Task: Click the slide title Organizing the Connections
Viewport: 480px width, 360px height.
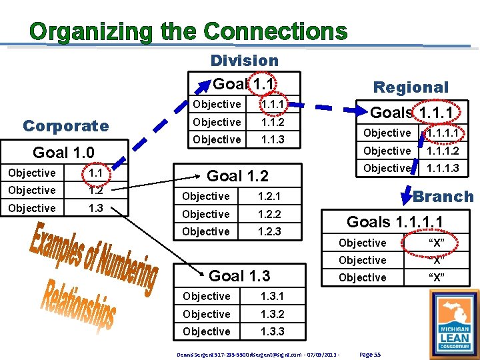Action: [x=189, y=31]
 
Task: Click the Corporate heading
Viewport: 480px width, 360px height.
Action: [x=65, y=126]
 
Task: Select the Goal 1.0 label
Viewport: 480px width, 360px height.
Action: [x=63, y=152]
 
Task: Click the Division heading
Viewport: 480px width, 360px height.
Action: [x=244, y=60]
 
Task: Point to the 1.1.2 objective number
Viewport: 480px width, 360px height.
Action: [x=273, y=122]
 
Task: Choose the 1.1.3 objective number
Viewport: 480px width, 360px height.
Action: [x=273, y=139]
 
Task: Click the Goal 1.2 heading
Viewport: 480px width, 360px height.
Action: [x=238, y=176]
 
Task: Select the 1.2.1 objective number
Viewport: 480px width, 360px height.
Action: [x=269, y=196]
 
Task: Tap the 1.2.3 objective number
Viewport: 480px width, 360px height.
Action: [x=269, y=231]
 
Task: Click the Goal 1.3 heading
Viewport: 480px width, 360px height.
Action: [x=240, y=275]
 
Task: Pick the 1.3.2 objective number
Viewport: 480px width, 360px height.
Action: [x=273, y=314]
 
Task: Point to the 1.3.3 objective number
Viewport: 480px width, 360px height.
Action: [x=273, y=331]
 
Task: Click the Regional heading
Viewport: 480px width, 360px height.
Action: [x=411, y=87]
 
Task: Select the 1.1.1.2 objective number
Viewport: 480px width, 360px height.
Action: [x=443, y=151]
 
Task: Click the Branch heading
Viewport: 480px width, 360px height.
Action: [x=443, y=197]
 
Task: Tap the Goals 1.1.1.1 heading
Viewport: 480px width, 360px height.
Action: [x=395, y=222]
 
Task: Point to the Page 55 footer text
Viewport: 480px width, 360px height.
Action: [x=369, y=354]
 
